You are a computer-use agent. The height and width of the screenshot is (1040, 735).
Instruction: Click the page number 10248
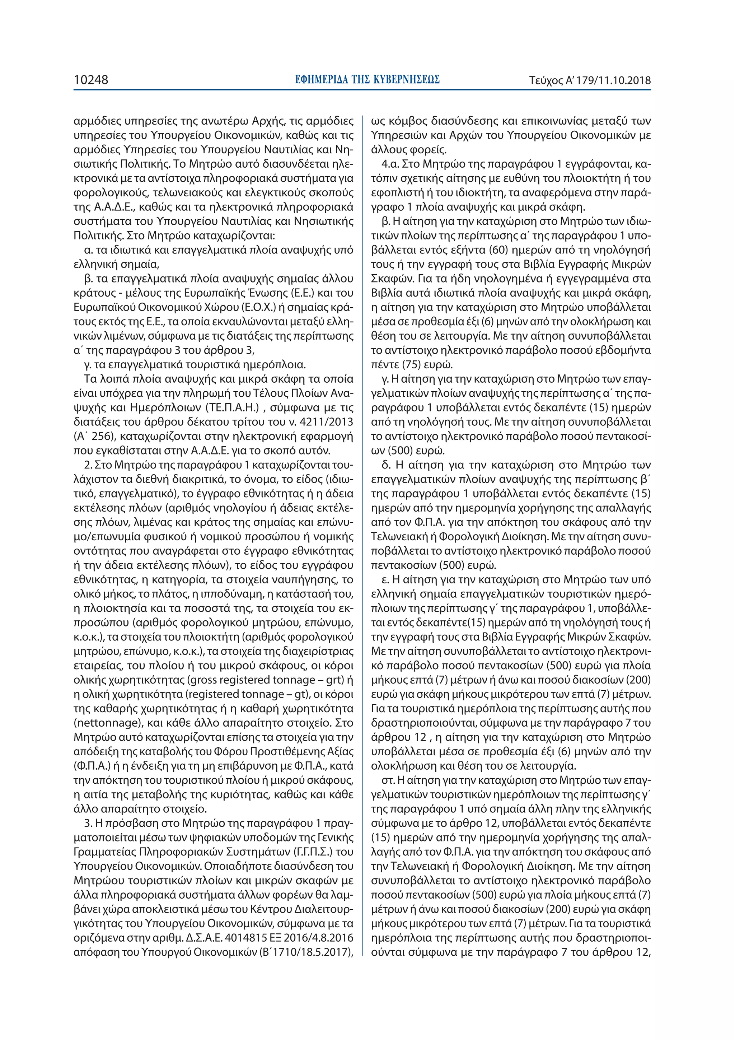(91, 80)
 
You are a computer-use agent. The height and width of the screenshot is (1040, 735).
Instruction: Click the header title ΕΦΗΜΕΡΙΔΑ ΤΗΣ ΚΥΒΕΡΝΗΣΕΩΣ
(367, 80)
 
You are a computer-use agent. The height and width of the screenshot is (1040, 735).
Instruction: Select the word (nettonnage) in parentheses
(106, 723)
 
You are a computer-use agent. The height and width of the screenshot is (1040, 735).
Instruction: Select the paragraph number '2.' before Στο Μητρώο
(88, 465)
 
